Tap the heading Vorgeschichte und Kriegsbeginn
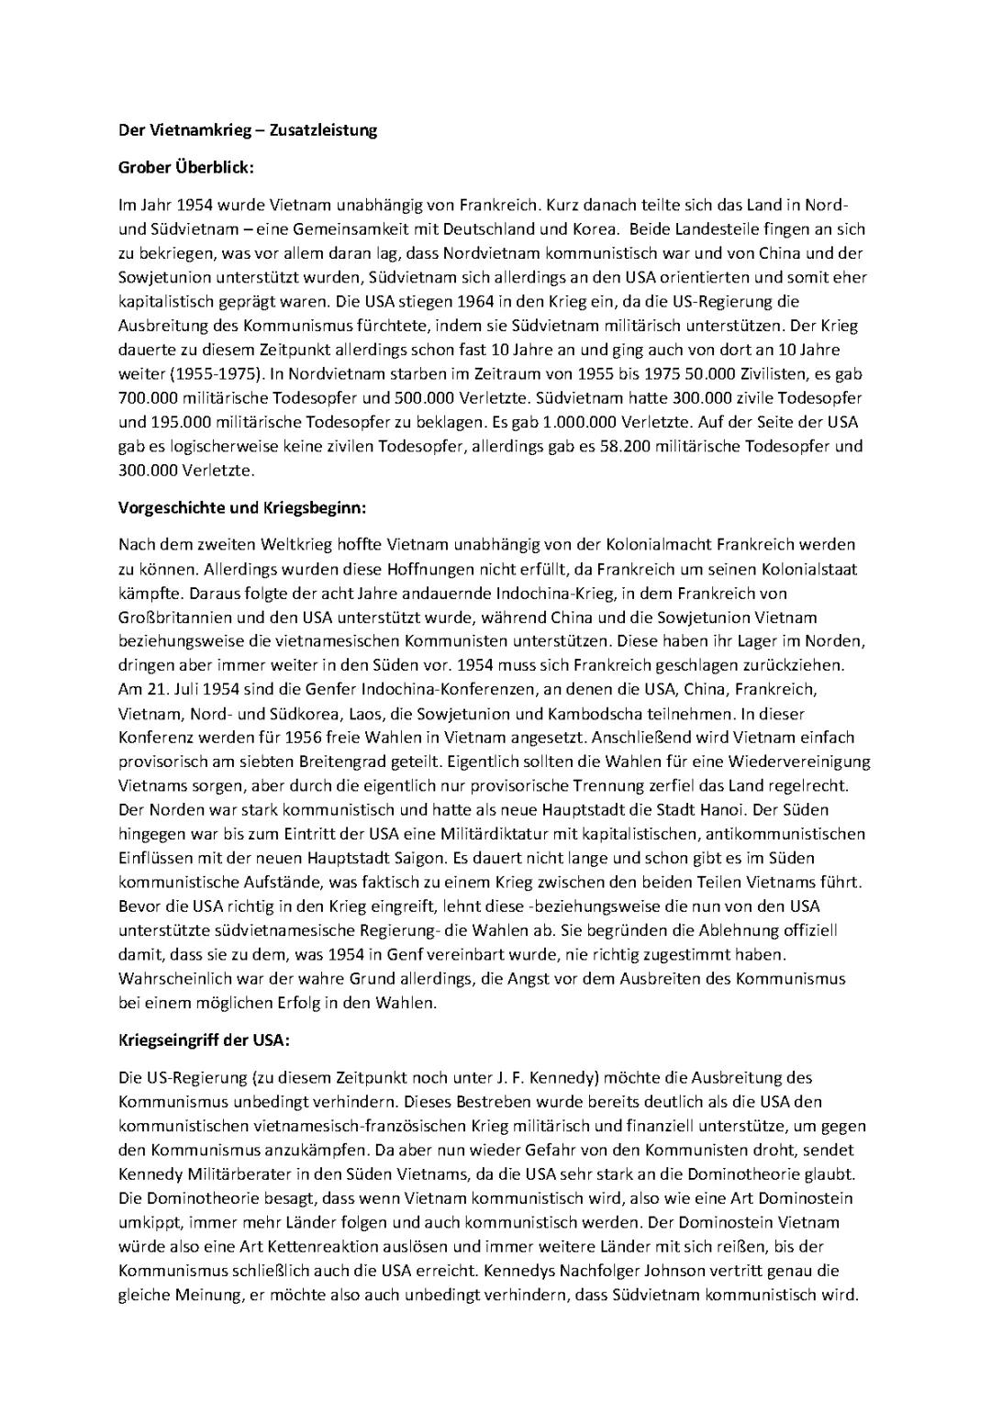(242, 506)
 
